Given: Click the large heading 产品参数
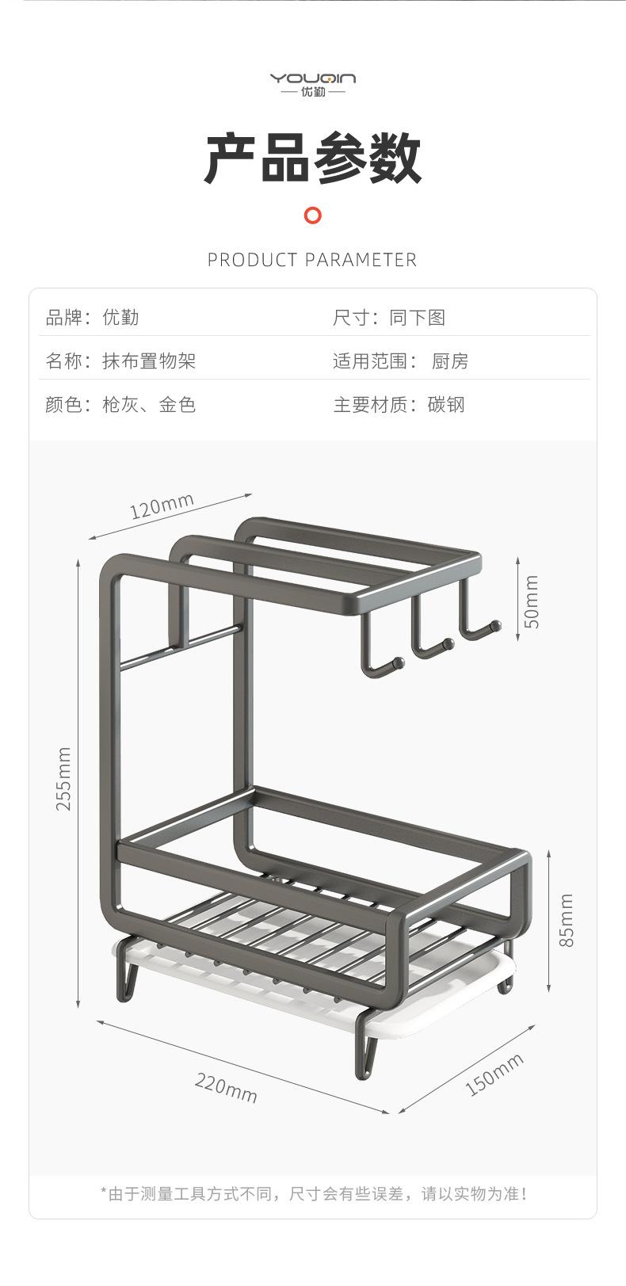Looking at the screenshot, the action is [x=313, y=158].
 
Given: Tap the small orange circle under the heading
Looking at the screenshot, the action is [x=312, y=216].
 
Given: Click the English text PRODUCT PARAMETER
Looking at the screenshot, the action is [x=312, y=260].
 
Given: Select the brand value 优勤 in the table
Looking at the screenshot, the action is [x=120, y=317].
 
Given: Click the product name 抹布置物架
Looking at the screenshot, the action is [x=149, y=361].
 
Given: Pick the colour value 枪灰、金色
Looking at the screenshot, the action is [x=149, y=404].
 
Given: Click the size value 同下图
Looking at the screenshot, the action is [x=418, y=317].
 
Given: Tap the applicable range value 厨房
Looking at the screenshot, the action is [x=450, y=361].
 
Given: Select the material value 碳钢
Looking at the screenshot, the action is [x=446, y=404].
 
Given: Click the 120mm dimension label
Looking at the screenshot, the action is [x=162, y=506].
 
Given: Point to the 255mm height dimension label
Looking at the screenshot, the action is [x=63, y=778].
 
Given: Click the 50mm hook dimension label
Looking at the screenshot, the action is [x=532, y=601].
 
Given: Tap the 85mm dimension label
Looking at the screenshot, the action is [x=566, y=920].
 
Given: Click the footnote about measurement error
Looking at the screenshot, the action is [x=314, y=1194].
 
